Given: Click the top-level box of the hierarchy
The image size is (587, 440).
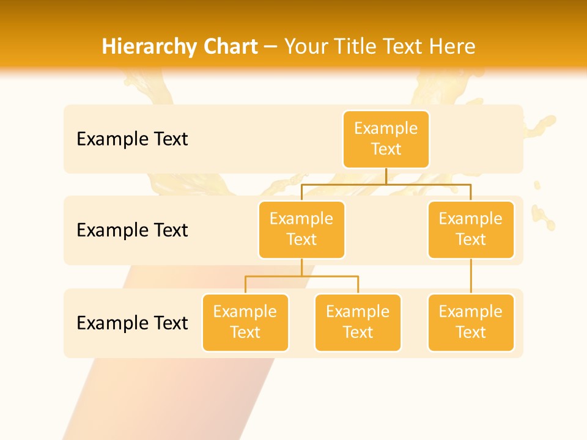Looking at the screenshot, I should click(386, 139).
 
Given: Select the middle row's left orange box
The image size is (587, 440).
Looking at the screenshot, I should click(301, 229).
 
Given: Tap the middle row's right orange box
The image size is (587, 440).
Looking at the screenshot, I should click(471, 229).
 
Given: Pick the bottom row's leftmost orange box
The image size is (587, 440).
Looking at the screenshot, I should click(245, 322).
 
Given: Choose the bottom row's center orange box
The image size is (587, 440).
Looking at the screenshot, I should click(358, 322).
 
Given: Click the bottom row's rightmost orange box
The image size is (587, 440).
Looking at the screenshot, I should click(471, 322).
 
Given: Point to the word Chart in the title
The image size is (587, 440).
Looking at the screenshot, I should click(229, 47).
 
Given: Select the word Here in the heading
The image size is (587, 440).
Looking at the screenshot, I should click(452, 47).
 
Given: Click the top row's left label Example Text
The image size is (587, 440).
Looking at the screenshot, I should click(132, 139).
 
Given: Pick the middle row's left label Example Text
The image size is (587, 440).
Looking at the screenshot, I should click(132, 230).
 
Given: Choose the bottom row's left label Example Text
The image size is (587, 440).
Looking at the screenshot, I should click(132, 323).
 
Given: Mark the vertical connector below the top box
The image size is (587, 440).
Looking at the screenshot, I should click(386, 176).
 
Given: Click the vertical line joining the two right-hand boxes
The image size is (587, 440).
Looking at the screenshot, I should click(471, 276).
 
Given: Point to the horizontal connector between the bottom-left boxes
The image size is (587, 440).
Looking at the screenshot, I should click(301, 276).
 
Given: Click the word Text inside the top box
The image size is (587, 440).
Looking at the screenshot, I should click(386, 149).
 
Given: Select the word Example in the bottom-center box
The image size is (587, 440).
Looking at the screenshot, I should click(358, 312).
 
